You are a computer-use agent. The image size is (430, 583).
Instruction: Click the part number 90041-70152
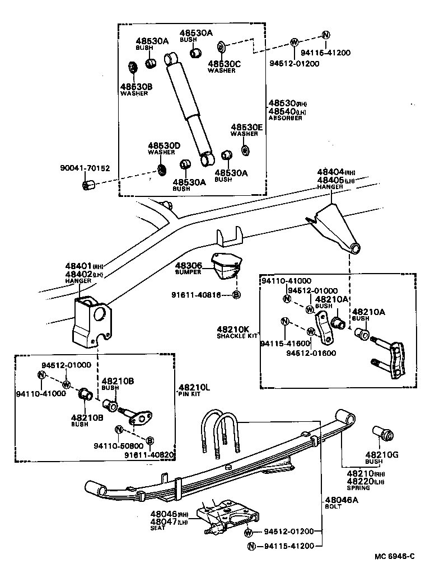point(85,167)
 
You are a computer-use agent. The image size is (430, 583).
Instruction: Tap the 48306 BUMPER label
point(188,268)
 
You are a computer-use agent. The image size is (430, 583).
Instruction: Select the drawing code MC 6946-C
point(395,556)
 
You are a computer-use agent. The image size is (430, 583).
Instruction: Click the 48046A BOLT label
point(340,504)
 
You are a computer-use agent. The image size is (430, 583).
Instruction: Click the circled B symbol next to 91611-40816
point(236,294)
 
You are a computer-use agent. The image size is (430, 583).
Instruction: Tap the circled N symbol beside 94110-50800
point(119,430)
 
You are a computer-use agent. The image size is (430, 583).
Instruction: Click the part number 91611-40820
point(151,455)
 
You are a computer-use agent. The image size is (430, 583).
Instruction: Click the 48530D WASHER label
point(164,148)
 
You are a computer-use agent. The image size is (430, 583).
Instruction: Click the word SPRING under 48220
point(358,488)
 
